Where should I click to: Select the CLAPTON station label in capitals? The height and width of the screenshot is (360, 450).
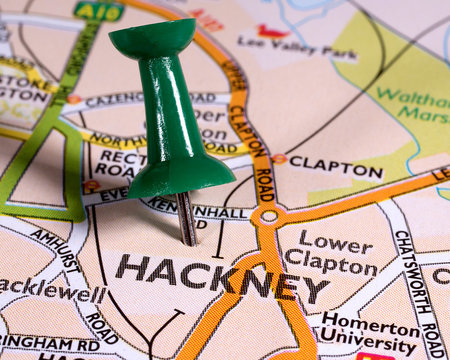click(x=335, y=169)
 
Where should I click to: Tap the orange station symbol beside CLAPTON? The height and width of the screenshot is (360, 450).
click(x=279, y=159)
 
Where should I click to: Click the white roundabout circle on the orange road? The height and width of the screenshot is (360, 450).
click(x=268, y=215)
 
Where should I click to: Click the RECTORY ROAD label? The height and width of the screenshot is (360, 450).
click(x=120, y=164)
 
